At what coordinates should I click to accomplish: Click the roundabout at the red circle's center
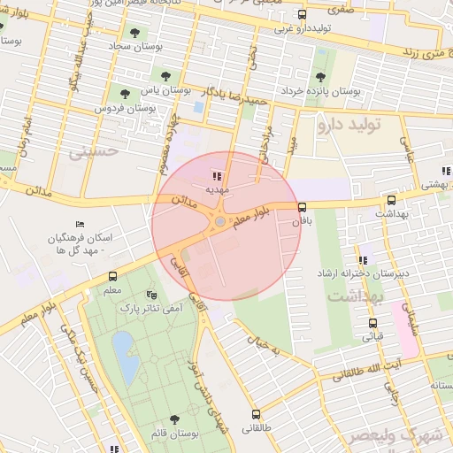coord(219,222)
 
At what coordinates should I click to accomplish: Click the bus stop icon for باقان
coord(303,206)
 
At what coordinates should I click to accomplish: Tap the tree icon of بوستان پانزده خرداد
coord(320,76)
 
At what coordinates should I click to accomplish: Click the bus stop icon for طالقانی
coord(257,414)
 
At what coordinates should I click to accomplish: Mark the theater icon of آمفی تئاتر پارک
coord(150,295)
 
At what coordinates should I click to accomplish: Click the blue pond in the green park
coord(127,364)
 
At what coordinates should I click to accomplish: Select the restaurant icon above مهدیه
coord(218,176)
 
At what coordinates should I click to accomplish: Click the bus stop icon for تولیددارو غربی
coord(303,15)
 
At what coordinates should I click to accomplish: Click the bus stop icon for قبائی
coord(372,323)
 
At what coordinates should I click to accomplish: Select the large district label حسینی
coord(93,151)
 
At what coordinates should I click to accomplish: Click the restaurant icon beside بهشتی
coord(443,172)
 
